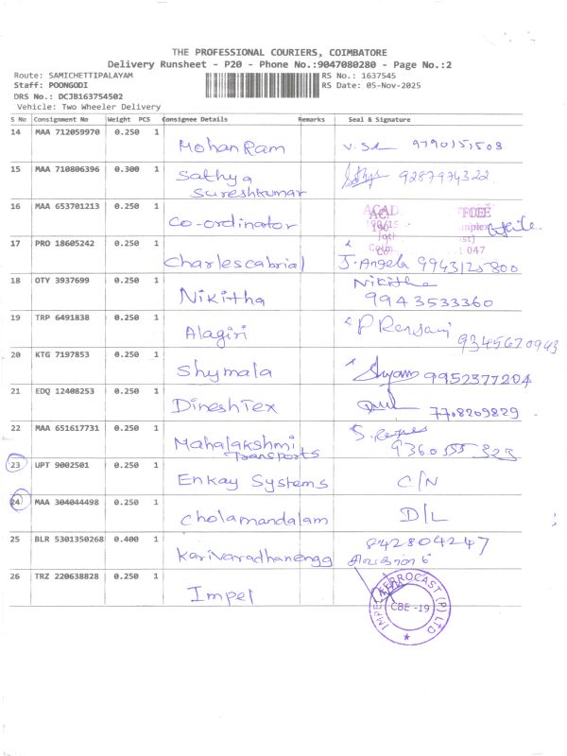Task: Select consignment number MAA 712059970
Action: coord(67,132)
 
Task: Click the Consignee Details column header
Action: coord(196,120)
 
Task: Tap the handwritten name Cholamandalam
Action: coord(252,519)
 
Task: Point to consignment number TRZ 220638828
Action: coord(67,576)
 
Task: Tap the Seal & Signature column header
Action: coord(379,120)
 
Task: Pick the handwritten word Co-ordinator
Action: coord(232,223)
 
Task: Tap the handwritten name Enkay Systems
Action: coord(252,482)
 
